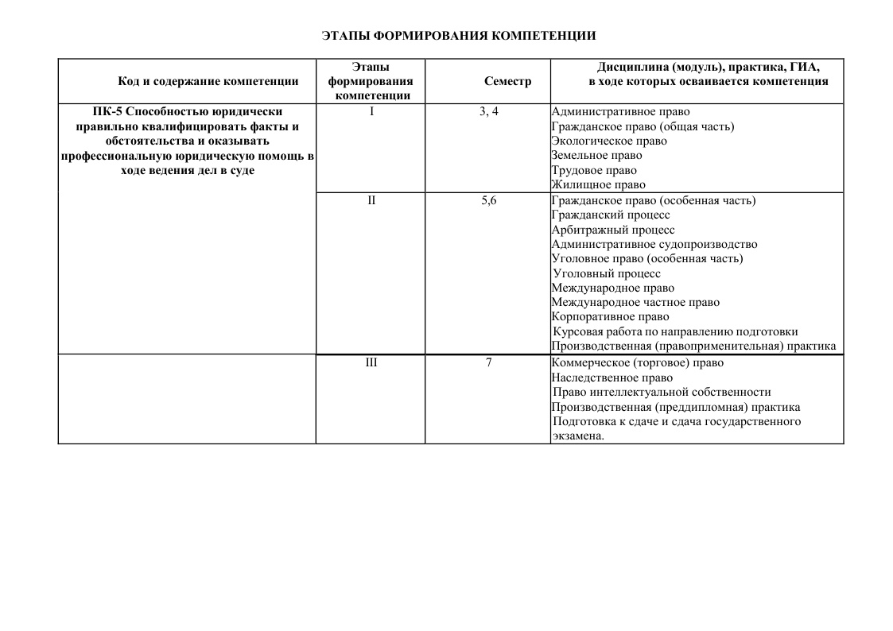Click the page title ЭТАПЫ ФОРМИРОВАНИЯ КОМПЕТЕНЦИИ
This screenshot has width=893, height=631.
pos(458,36)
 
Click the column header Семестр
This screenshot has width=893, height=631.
pos(507,81)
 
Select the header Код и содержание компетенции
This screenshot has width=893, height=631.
pos(208,81)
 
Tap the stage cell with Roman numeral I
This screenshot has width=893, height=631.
pos(371,111)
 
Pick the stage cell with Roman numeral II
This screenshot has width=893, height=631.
pos(371,200)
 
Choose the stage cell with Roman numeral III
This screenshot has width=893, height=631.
pos(371,362)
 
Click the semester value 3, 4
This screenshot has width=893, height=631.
pos(489,111)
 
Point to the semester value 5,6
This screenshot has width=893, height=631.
pos(489,200)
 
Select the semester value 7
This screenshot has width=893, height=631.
pos(489,362)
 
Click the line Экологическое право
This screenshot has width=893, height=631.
pos(609,141)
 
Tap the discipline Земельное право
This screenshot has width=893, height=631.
pos(596,156)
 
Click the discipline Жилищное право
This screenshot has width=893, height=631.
pos(599,185)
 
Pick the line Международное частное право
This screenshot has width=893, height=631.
pos(635,303)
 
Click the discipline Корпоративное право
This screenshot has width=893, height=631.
pos(610,317)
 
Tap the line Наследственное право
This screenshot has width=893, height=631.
pos(612,377)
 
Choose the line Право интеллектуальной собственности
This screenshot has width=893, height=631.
pos(662,392)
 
